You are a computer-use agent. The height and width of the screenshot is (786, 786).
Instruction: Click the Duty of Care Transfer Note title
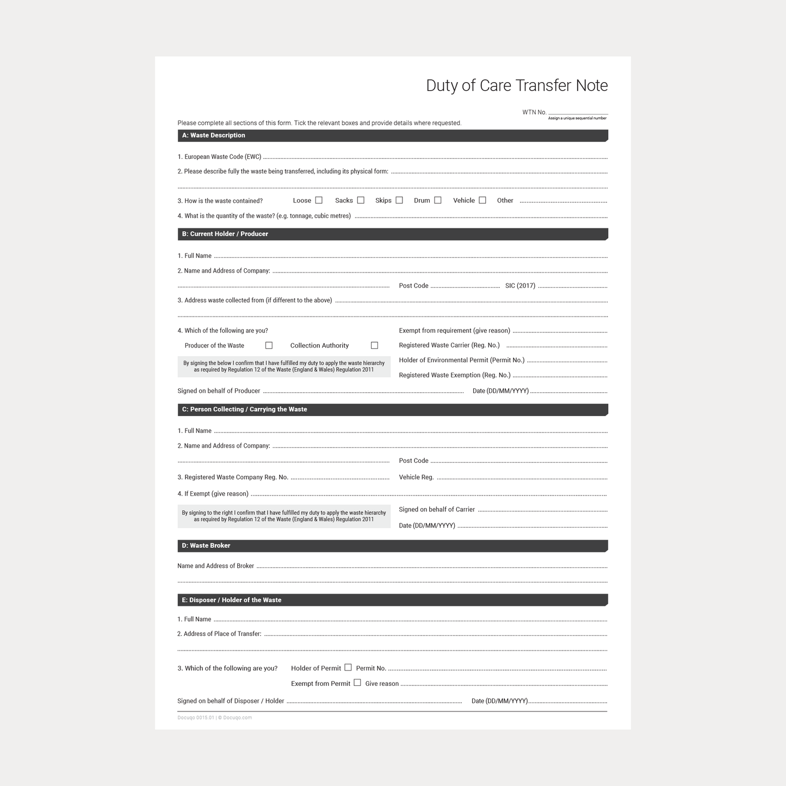(x=516, y=85)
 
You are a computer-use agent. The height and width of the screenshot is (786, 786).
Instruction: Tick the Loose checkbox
(x=319, y=200)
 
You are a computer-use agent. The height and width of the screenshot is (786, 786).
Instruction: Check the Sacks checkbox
(x=361, y=200)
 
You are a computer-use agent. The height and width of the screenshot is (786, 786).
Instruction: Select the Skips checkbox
(x=399, y=200)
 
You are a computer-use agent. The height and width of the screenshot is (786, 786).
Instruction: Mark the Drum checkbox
(x=438, y=200)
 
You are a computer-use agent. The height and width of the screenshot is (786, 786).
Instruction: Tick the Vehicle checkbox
(x=482, y=200)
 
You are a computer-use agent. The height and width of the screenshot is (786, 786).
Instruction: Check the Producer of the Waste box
(x=269, y=345)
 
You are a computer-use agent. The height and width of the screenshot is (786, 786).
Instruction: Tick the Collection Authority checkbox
(x=374, y=345)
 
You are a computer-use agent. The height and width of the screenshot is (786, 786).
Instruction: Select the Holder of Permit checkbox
(x=348, y=667)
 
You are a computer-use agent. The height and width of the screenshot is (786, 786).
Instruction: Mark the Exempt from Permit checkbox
(x=357, y=683)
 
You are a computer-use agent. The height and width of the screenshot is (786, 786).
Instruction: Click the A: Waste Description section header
(x=214, y=135)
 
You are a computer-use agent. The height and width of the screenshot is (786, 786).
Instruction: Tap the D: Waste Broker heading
(x=206, y=546)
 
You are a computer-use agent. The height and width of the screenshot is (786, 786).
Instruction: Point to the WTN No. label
(x=534, y=113)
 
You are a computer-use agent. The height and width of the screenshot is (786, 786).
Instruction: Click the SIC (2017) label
(x=520, y=286)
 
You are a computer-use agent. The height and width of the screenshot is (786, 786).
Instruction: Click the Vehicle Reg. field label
(x=416, y=478)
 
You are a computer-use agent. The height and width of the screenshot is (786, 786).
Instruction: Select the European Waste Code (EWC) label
(x=219, y=157)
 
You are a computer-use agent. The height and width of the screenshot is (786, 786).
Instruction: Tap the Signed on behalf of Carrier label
(x=437, y=510)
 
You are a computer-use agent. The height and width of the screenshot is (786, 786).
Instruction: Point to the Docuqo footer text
(x=214, y=717)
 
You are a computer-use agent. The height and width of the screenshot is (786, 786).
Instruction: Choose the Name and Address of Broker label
(x=215, y=566)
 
